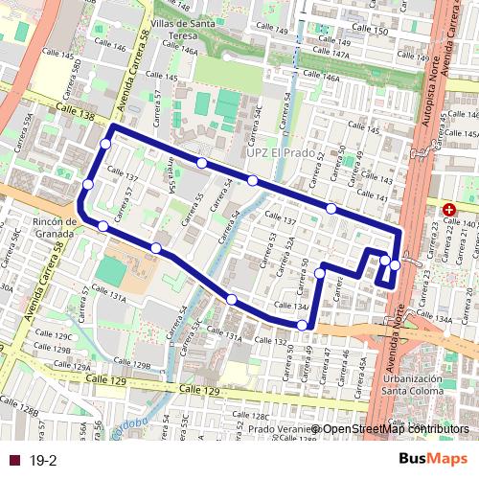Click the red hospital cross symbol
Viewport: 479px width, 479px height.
448,209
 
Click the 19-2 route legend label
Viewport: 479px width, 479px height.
43,461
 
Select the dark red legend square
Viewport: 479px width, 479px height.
12,461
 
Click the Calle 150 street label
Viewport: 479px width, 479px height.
370,31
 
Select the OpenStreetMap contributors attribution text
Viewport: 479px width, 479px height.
395,428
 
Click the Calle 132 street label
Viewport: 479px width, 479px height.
272,341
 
